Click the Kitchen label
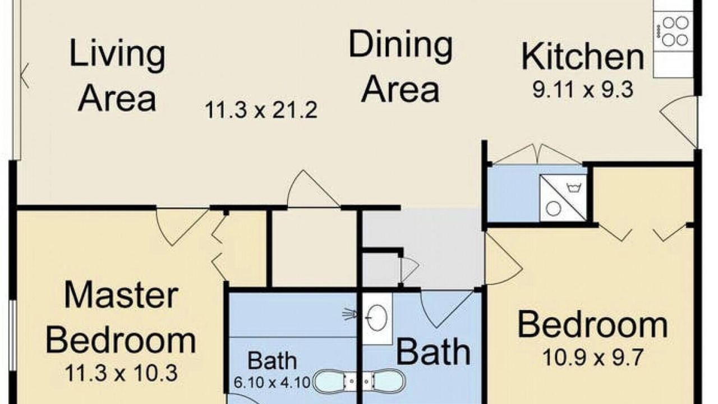583,58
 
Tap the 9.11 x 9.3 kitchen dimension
583,90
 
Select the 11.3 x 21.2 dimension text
261,109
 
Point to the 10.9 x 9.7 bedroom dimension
593,358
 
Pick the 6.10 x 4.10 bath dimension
272,382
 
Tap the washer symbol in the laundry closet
563,198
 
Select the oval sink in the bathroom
377,318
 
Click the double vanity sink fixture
359,382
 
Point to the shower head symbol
350,314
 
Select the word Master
121,295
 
